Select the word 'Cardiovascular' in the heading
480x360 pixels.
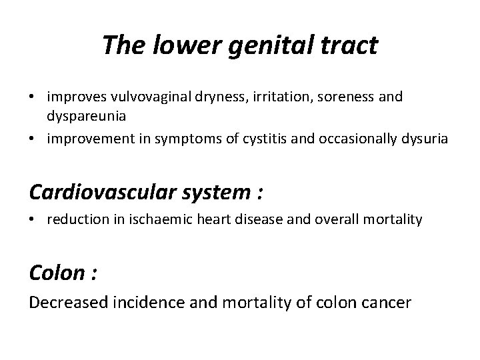point(103,193)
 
